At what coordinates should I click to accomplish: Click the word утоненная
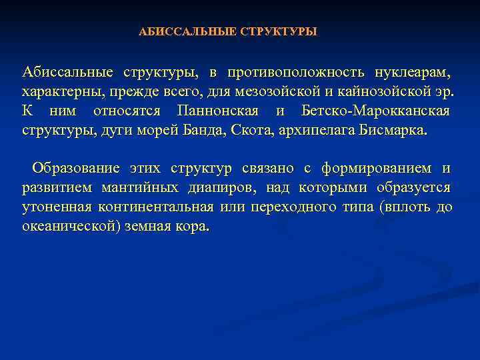(55, 207)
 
